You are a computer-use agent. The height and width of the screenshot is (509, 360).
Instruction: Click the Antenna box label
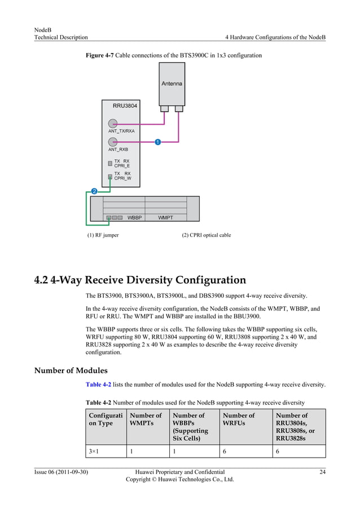click(172, 84)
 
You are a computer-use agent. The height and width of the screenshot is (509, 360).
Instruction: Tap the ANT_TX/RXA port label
click(121, 131)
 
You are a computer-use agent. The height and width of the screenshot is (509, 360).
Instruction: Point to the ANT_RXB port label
click(118, 150)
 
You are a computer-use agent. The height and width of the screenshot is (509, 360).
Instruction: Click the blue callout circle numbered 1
click(157, 142)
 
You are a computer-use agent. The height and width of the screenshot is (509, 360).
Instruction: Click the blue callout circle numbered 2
click(94, 191)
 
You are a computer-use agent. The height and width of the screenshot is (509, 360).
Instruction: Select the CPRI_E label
click(122, 166)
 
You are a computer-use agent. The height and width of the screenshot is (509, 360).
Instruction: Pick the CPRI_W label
click(122, 178)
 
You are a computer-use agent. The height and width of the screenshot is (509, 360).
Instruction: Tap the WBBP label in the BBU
click(134, 217)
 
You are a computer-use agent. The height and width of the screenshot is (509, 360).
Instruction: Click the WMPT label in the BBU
click(165, 217)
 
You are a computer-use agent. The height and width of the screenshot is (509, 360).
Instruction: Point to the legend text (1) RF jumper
click(103, 235)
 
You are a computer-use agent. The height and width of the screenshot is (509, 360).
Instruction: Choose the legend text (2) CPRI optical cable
click(206, 235)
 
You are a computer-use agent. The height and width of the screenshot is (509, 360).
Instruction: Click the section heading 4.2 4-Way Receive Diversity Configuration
click(140, 280)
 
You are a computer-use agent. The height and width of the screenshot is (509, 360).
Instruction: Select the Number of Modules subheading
click(71, 371)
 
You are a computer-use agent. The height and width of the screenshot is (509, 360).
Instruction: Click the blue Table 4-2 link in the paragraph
click(98, 384)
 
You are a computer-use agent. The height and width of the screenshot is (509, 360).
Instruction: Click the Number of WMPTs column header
click(146, 419)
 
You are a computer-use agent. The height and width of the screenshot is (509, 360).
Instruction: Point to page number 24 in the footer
click(322, 472)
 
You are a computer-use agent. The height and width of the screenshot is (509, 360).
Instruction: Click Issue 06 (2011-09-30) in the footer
click(61, 472)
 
